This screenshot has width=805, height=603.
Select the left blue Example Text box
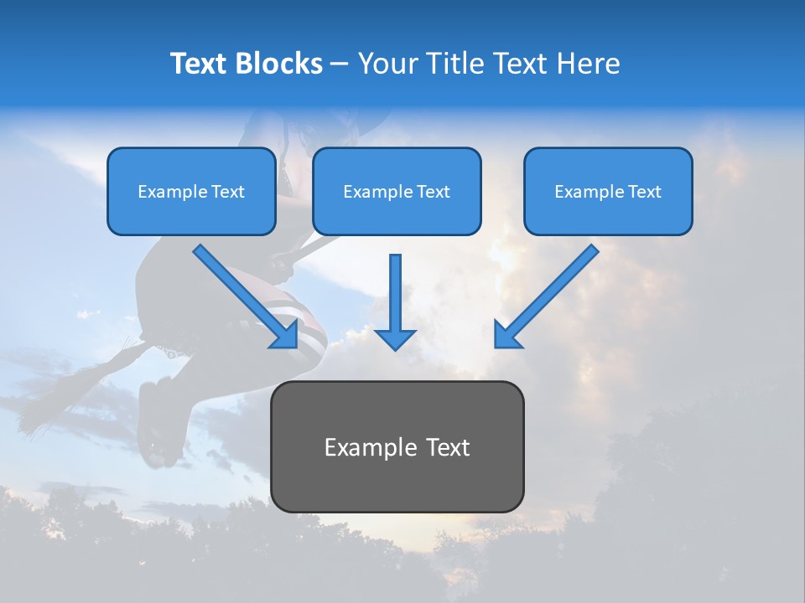point(191,192)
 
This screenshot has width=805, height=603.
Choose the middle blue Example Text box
point(397,192)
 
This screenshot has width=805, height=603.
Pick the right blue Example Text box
point(608,192)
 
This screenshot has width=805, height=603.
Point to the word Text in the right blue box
point(644,192)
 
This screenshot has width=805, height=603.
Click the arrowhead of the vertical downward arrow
point(395,338)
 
